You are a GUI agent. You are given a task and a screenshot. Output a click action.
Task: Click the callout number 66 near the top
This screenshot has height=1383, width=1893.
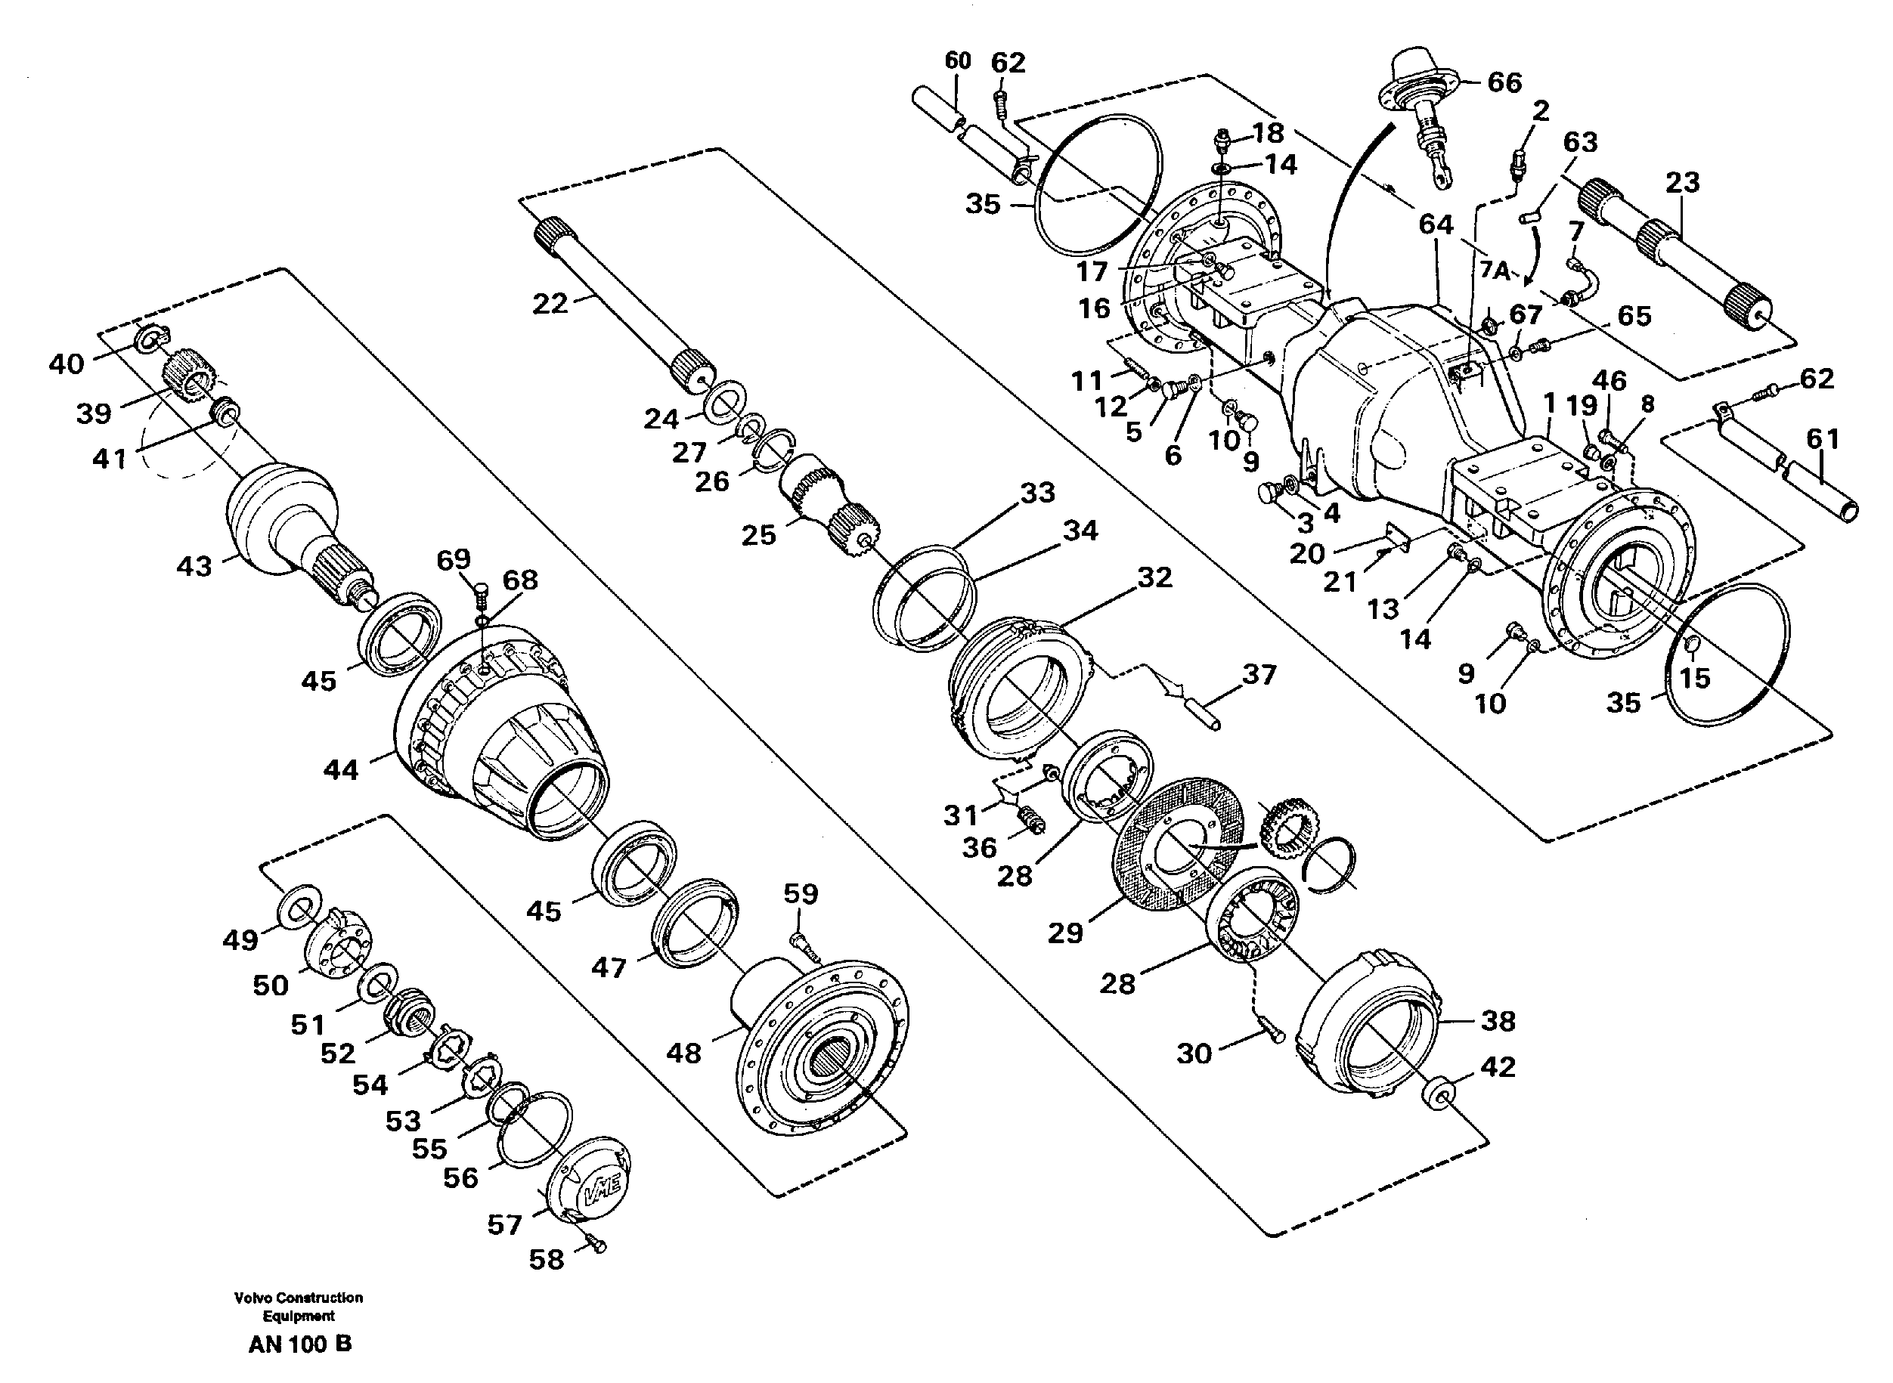(1504, 82)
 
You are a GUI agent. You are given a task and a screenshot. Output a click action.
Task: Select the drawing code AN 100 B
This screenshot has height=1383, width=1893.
(299, 1344)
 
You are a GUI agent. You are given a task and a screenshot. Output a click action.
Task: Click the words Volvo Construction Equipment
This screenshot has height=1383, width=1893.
(299, 1306)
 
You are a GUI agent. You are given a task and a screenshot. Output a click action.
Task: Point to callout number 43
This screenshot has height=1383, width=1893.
(194, 567)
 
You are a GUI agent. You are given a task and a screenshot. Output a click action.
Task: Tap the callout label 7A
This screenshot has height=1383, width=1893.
(1495, 271)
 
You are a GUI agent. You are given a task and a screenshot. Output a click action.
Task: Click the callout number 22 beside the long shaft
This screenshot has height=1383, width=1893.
(550, 303)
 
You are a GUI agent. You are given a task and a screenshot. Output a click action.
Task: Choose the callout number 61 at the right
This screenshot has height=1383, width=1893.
(1823, 438)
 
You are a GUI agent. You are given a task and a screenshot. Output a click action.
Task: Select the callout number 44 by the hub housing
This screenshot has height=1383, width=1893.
(341, 769)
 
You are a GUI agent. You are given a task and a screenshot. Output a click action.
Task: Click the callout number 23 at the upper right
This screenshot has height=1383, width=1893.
(1682, 182)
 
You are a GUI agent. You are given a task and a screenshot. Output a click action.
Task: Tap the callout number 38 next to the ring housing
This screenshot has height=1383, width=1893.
(1498, 1020)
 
